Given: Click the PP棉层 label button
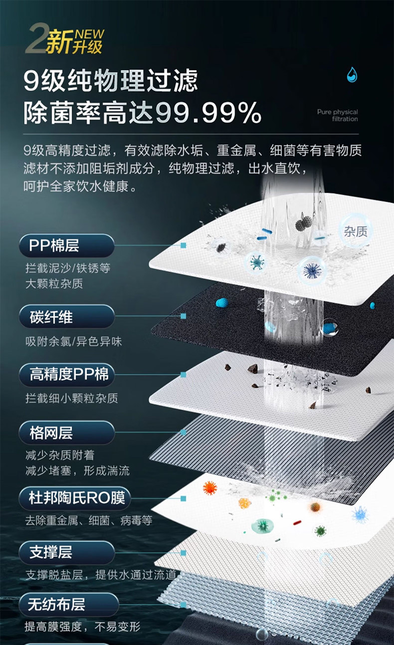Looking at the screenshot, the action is coord(67,245).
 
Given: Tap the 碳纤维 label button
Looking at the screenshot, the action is coord(67,317).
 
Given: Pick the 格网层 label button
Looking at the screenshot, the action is coord(67,432).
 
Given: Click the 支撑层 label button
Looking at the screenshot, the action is coord(67,552).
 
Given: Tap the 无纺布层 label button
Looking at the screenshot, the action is coord(69,605).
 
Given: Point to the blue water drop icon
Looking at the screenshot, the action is coord(352,74).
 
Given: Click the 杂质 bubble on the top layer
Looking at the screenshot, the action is coord(356,231).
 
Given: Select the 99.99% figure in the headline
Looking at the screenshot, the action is coord(208,114).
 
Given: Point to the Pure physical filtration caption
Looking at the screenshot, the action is coord(338,115).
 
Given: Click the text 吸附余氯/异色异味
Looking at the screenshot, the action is coord(74,342).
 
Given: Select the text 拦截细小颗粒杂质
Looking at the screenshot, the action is coord(72,399).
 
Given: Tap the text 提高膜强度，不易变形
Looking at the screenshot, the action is coord(83,627).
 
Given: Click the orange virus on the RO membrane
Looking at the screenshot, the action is coord(210,487).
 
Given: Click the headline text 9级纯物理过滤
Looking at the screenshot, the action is coord(111,80).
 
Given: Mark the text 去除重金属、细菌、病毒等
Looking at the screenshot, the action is coord(89,521).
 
